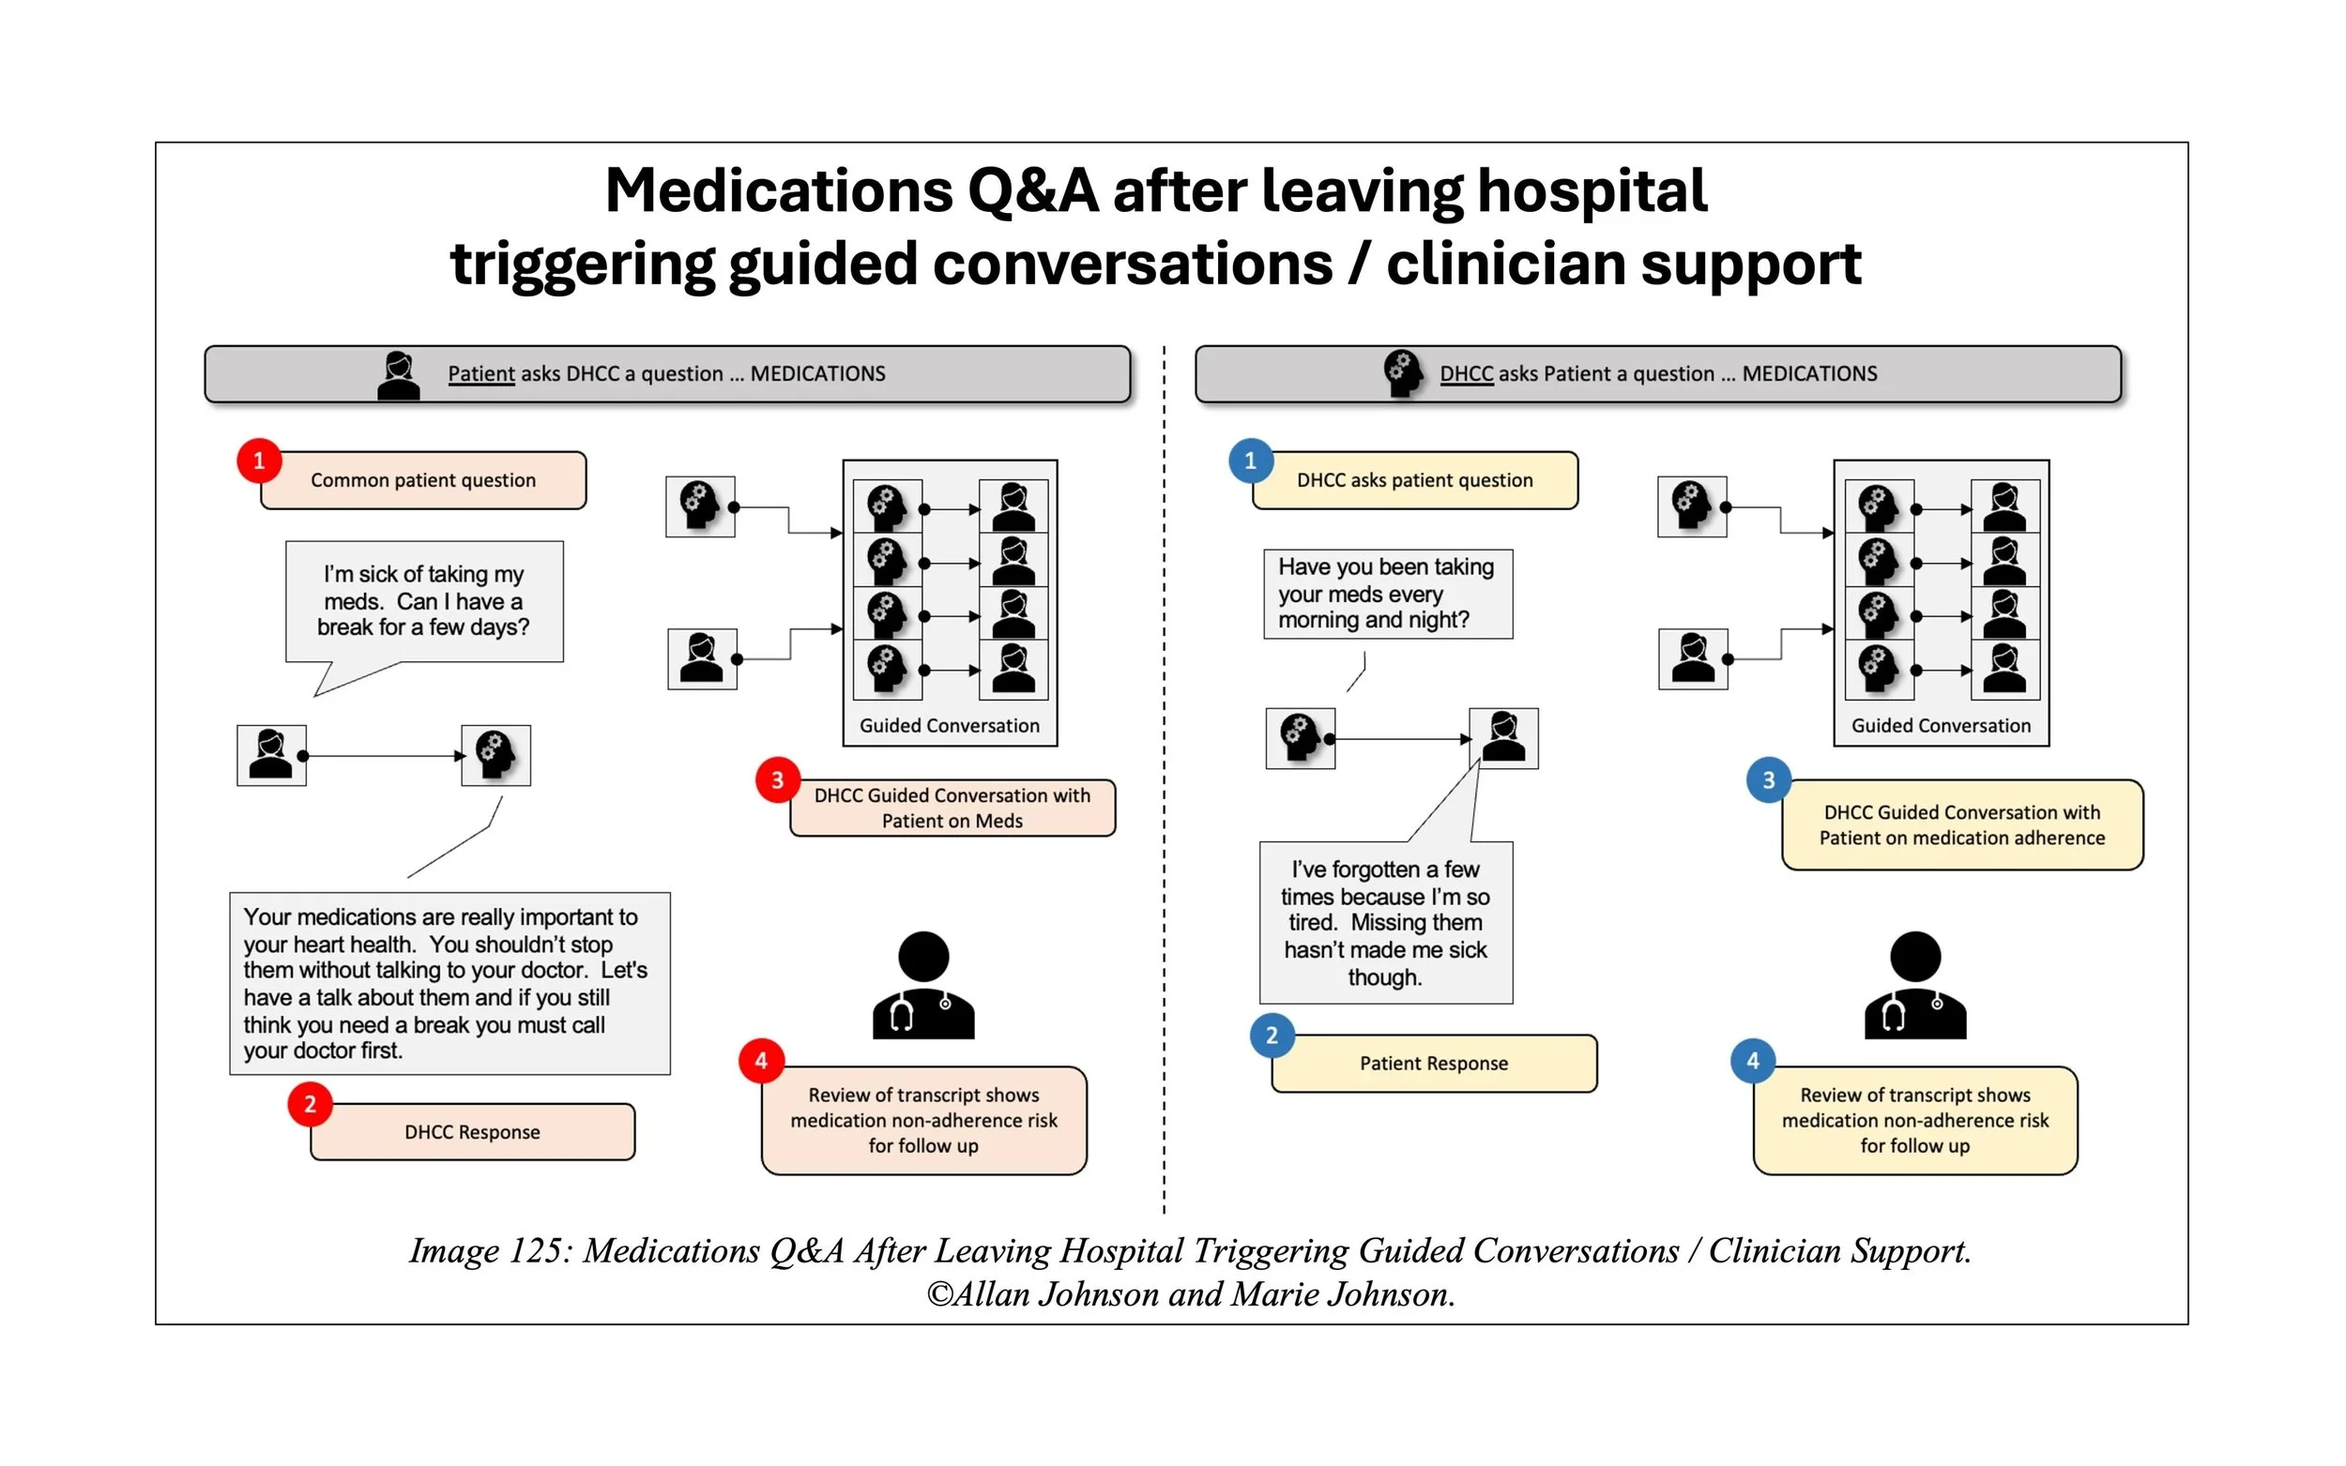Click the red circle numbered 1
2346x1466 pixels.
(x=259, y=461)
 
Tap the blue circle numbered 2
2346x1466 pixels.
(x=1272, y=1035)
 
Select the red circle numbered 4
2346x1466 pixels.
(x=761, y=1061)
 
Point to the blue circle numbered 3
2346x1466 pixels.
(x=1769, y=779)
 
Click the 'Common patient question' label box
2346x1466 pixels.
(x=424, y=480)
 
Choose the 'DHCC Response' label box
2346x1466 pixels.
(x=472, y=1131)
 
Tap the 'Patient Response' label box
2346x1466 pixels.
(x=1435, y=1064)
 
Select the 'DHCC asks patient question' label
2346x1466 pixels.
(x=1415, y=480)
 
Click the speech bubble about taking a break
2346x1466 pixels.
(x=425, y=602)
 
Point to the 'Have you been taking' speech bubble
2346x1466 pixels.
(x=1388, y=594)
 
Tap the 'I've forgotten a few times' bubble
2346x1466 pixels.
(x=1386, y=922)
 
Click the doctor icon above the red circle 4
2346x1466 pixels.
(x=923, y=985)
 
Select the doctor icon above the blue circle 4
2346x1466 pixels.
(x=1915, y=985)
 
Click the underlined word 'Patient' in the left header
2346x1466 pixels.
(x=481, y=374)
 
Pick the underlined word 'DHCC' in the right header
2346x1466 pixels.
(x=1467, y=374)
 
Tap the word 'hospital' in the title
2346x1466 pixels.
(x=1592, y=191)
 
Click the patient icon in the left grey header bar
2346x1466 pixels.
(x=399, y=375)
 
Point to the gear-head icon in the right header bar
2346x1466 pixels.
(x=1403, y=374)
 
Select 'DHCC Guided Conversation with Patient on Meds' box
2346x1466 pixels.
(x=952, y=808)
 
